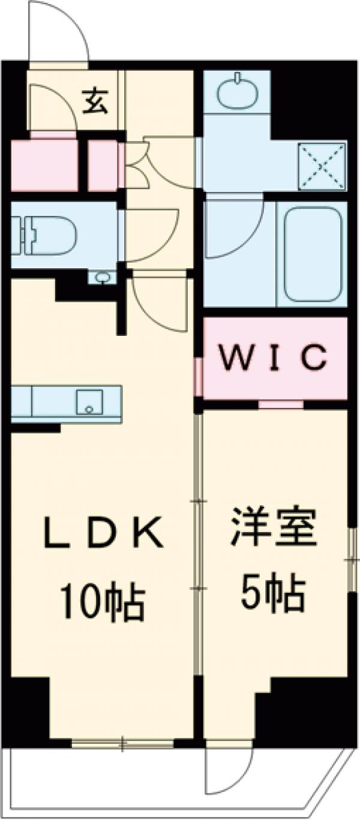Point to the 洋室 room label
point(273,527)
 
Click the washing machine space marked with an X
point(322,165)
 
